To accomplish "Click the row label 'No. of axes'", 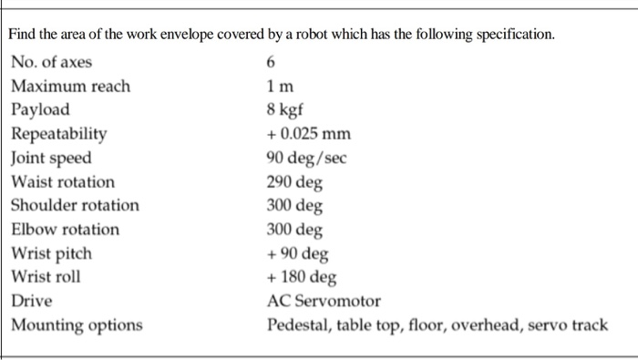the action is (52, 63).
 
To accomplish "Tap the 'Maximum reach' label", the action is (71, 87).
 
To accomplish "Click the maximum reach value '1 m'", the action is (280, 87).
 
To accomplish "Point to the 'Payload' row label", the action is (40, 110).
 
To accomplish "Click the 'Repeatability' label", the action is (59, 134).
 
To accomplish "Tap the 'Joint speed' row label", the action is (52, 158).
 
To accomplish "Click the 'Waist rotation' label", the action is (63, 181).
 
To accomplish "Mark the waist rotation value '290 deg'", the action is (293, 181).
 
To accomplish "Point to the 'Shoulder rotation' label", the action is (76, 205).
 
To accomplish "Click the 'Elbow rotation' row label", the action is (66, 229).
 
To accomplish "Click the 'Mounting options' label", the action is (77, 324).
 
